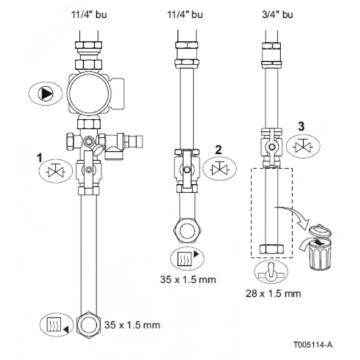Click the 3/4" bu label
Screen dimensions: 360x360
pyautogui.click(x=277, y=14)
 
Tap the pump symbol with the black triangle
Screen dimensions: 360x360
pyautogui.click(x=45, y=93)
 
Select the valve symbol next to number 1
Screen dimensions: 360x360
pyautogui.click(x=56, y=171)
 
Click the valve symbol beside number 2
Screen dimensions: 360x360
pyautogui.click(x=220, y=169)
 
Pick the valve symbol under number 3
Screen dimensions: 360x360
pyautogui.click(x=303, y=146)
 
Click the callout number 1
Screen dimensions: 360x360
pyautogui.click(x=40, y=158)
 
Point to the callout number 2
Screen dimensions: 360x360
pyautogui.click(x=218, y=150)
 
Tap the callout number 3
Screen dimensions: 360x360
pyautogui.click(x=301, y=126)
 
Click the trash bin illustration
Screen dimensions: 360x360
pyautogui.click(x=320, y=248)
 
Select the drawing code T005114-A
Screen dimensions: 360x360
pyautogui.click(x=313, y=344)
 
